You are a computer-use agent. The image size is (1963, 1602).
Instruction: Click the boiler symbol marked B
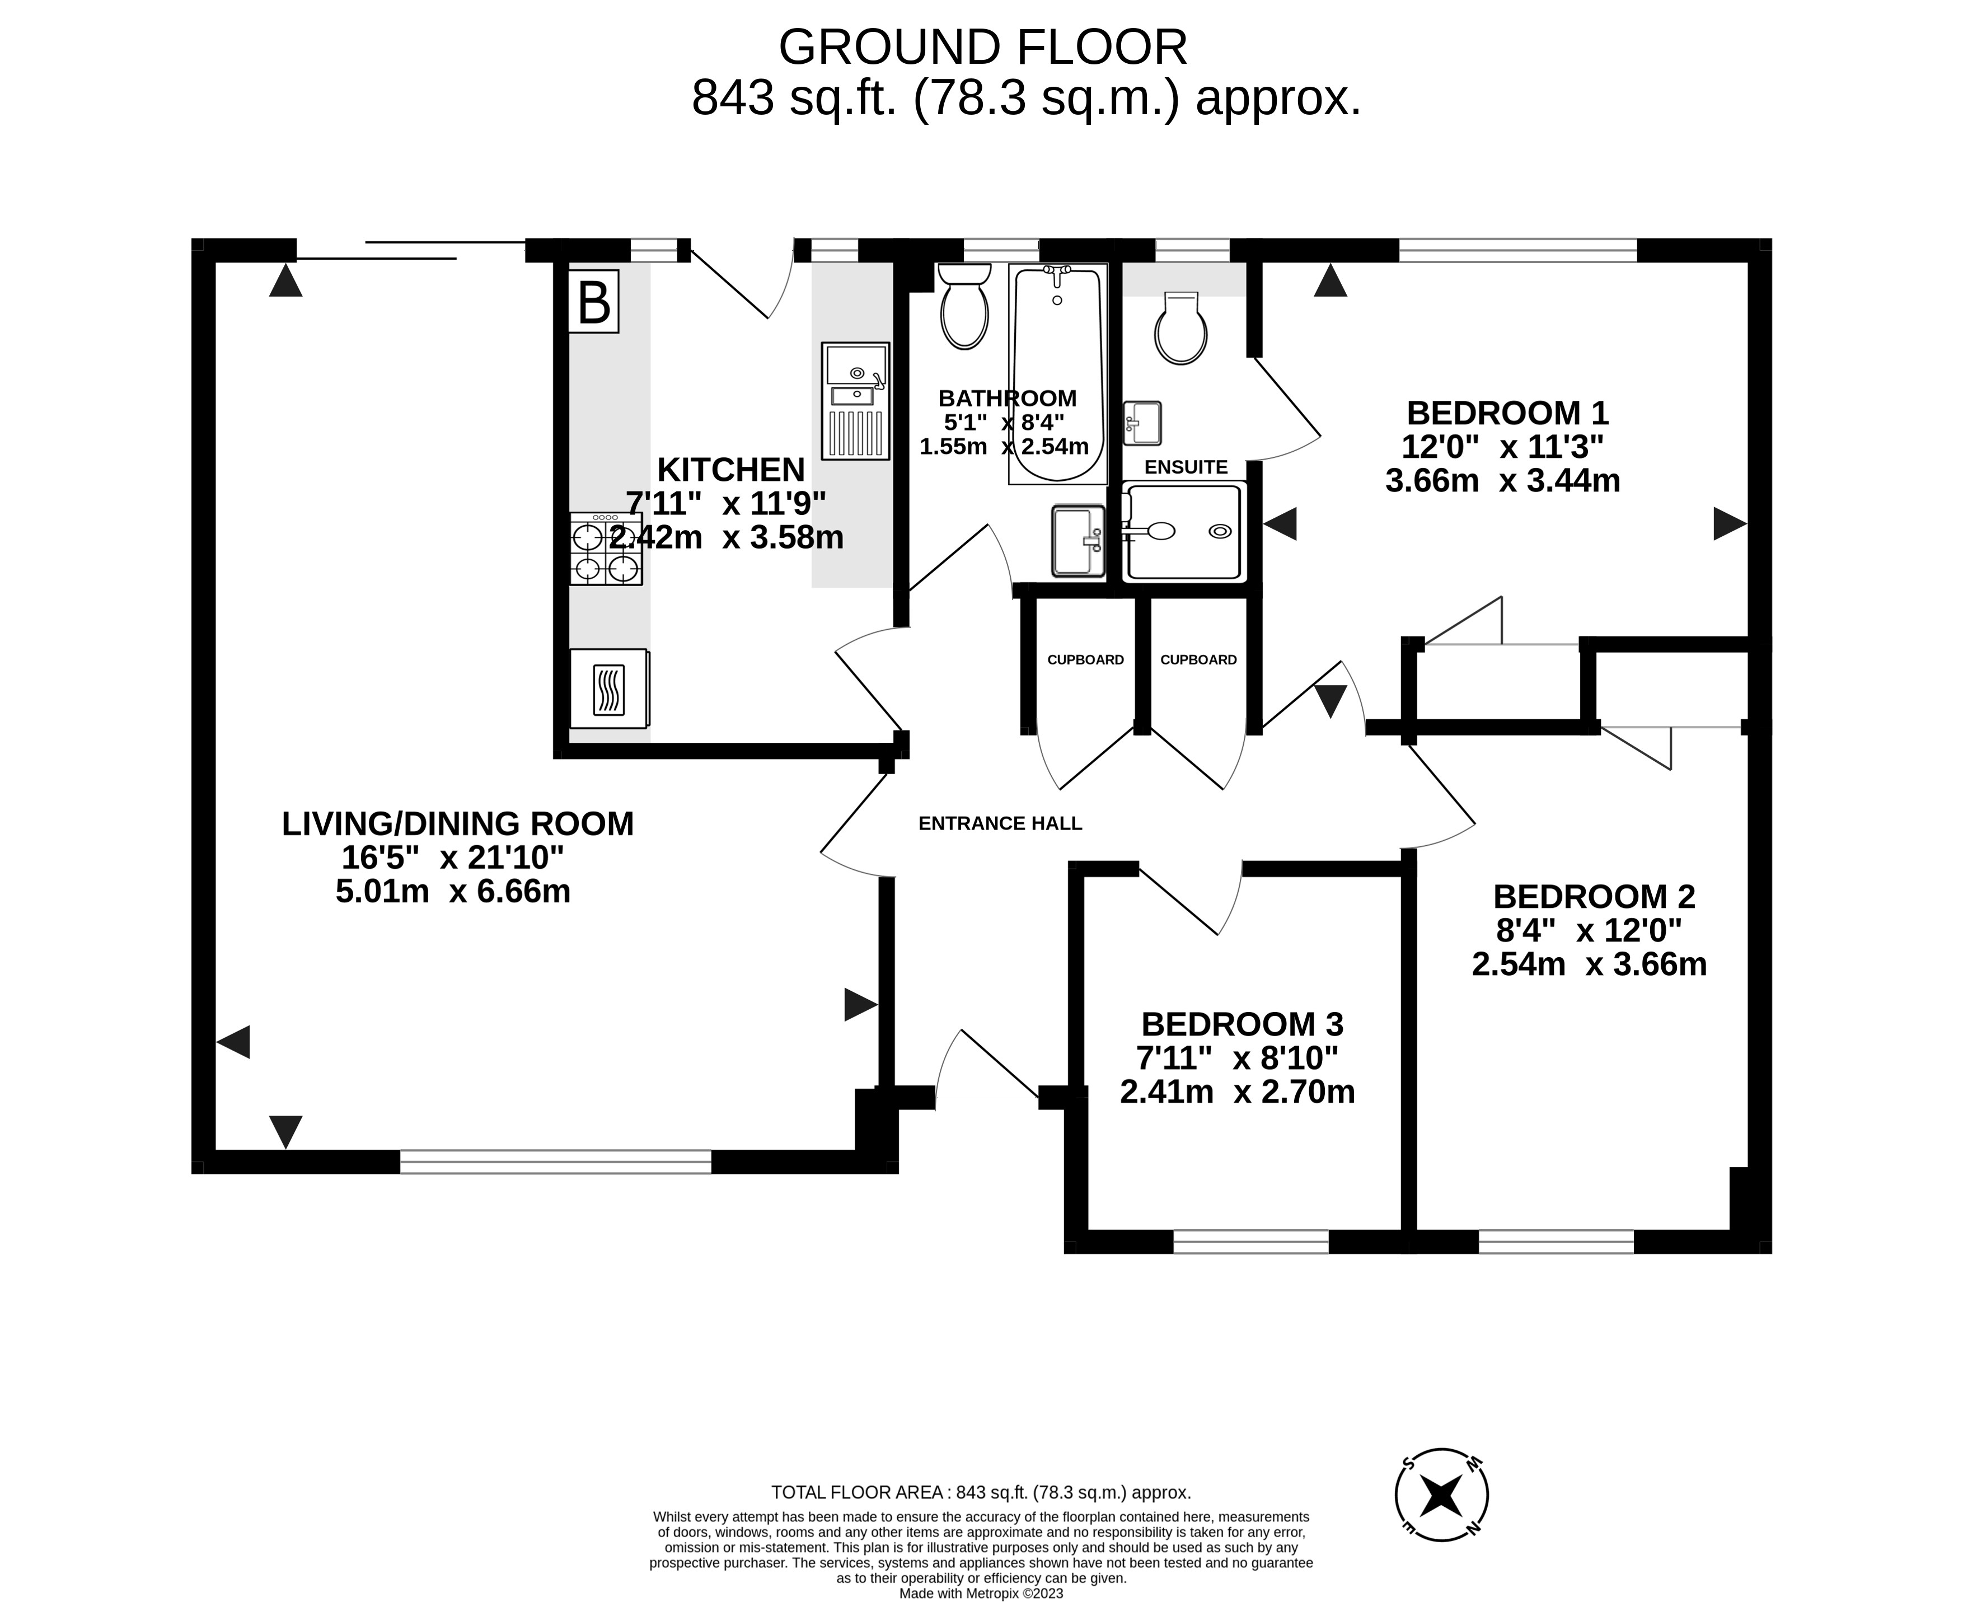pyautogui.click(x=593, y=302)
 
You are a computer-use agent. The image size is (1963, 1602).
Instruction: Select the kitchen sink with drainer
pyautogui.click(x=855, y=401)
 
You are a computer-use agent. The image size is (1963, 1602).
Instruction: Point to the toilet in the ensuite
pyautogui.click(x=1180, y=330)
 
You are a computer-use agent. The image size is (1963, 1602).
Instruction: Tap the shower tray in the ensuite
pyautogui.click(x=1184, y=532)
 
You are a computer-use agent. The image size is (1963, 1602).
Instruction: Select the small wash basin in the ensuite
pyautogui.click(x=1142, y=423)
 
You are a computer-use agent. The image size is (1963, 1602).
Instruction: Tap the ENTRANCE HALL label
pyautogui.click(x=1000, y=823)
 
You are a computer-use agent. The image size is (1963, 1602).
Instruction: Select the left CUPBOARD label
pyautogui.click(x=1085, y=660)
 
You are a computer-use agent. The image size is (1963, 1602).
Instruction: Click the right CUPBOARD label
pyautogui.click(x=1198, y=660)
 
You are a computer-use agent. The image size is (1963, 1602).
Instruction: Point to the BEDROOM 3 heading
pyautogui.click(x=1242, y=1024)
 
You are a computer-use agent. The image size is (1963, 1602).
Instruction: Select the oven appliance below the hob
pyautogui.click(x=609, y=688)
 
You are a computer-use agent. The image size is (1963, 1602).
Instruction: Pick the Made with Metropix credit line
pyautogui.click(x=981, y=1593)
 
